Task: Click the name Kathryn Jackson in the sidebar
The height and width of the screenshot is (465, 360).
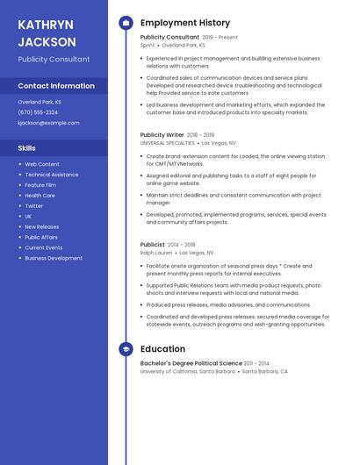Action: click(x=47, y=32)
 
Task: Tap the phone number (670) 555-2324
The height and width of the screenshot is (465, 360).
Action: click(x=38, y=112)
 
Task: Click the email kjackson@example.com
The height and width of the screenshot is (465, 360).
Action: click(x=48, y=123)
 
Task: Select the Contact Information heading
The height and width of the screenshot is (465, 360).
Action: click(x=56, y=86)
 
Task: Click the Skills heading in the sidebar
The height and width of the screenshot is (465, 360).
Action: click(x=27, y=147)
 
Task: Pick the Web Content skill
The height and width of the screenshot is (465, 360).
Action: click(x=42, y=164)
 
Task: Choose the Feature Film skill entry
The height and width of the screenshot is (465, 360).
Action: click(x=40, y=185)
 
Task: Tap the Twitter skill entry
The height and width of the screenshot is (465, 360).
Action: click(x=33, y=206)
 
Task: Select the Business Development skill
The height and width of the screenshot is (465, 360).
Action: click(x=54, y=258)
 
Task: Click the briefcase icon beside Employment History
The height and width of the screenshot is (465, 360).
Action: click(x=126, y=23)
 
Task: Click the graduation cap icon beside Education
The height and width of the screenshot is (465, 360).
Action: click(x=126, y=349)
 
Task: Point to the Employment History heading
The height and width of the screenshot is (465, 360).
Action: click(x=185, y=23)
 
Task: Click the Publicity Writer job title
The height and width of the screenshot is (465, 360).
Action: click(x=162, y=135)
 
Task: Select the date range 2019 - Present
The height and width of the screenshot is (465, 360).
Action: click(x=220, y=38)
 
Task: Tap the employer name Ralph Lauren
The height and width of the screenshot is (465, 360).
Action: click(x=156, y=252)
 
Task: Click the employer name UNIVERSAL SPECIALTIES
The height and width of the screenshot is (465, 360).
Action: click(x=168, y=142)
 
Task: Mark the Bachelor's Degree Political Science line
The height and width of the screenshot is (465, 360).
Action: click(x=191, y=363)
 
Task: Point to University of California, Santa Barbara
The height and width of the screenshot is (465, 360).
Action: click(x=188, y=371)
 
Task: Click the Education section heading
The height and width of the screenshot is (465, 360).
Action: click(x=162, y=349)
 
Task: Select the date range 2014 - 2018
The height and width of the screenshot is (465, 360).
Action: click(x=183, y=245)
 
